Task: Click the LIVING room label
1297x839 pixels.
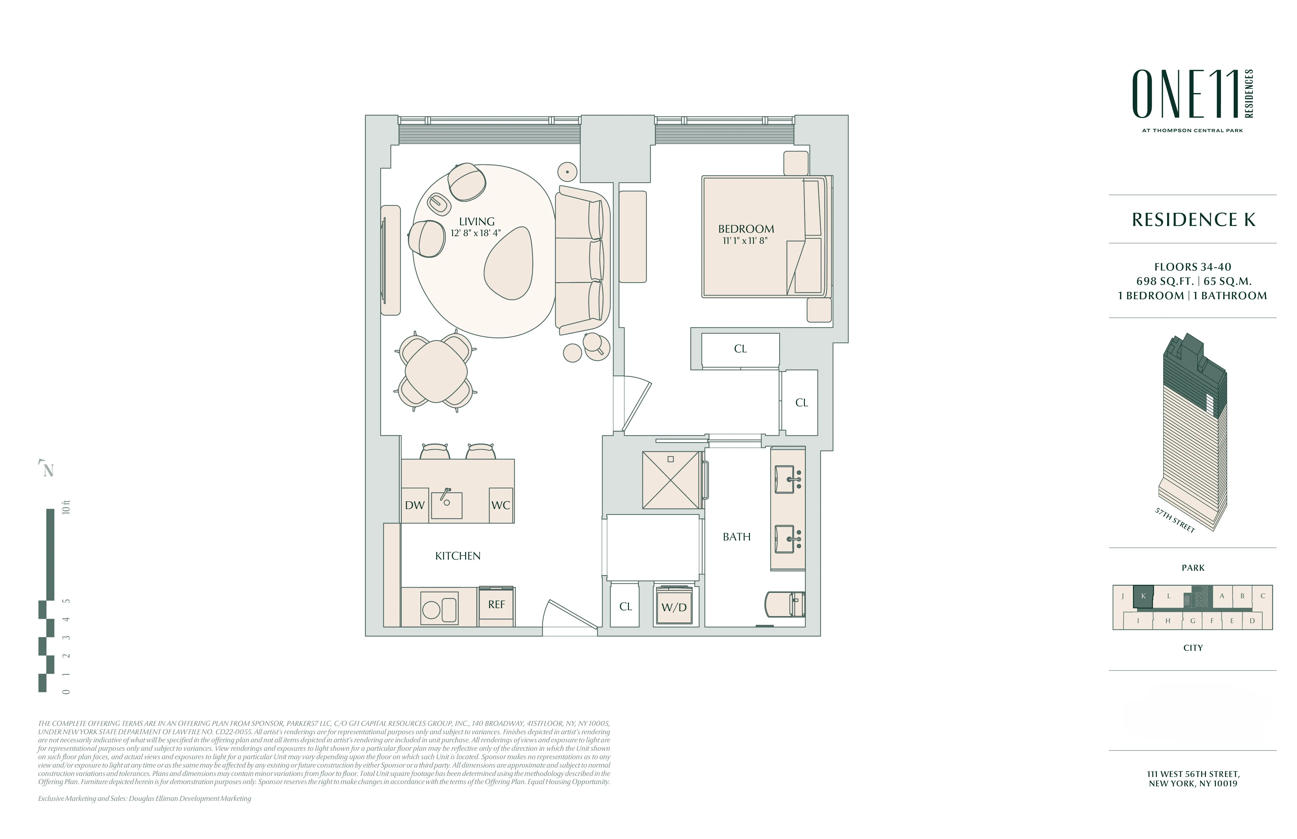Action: coord(476,222)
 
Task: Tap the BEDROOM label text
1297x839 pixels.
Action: coord(745,229)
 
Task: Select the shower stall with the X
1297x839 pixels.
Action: coord(670,480)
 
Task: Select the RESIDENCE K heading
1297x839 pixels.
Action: coord(1193,220)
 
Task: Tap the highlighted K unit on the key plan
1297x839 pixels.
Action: coord(1143,596)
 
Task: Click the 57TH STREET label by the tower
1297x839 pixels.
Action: coord(1174,520)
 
